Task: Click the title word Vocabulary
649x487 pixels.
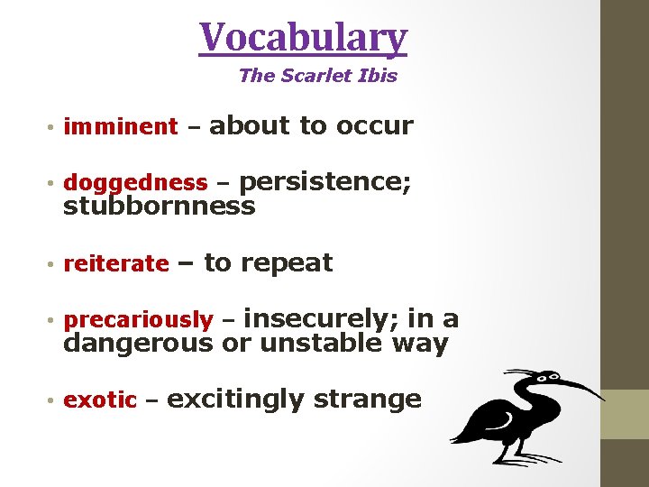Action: (304, 38)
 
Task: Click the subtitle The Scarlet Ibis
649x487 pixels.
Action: (317, 76)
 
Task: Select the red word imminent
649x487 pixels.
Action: (121, 127)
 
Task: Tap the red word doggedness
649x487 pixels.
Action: (135, 183)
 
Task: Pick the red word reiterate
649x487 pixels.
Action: (116, 264)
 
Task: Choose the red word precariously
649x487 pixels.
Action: (138, 320)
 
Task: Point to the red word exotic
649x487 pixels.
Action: (100, 400)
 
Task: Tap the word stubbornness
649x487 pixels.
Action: (159, 207)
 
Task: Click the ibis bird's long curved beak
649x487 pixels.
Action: (577, 386)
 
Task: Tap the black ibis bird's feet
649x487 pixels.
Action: (505, 457)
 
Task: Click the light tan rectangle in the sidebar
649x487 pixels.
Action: (625, 414)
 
